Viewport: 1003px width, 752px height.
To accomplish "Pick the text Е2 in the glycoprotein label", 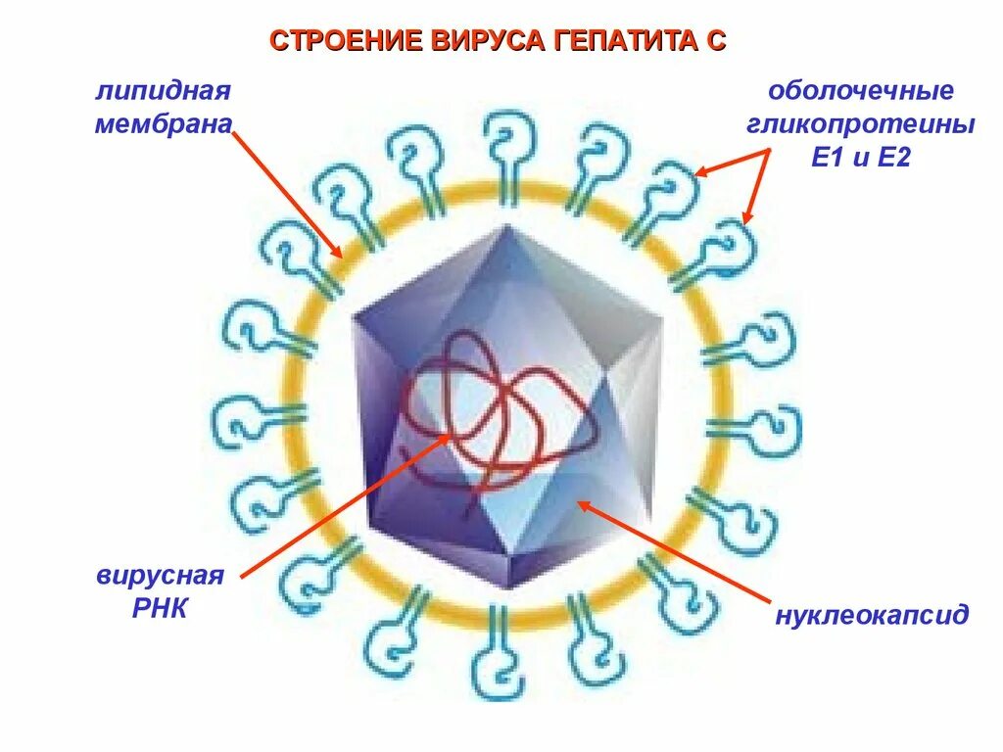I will coord(893,157).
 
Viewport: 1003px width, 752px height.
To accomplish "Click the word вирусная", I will coord(161,575).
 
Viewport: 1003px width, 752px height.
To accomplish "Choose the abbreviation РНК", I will coord(159,608).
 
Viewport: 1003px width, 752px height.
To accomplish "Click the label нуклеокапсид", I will coord(872,615).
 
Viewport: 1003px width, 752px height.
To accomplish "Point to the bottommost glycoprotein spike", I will coord(500,651).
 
